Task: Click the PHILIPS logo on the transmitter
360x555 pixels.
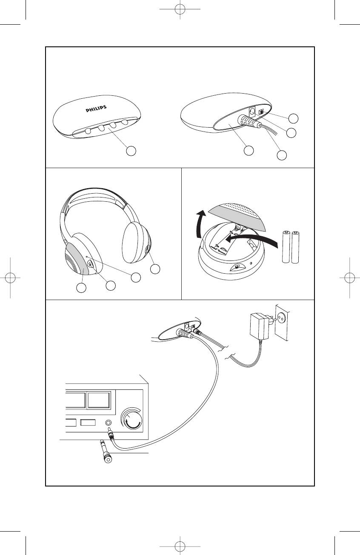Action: pyautogui.click(x=96, y=109)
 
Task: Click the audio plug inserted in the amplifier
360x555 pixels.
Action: pyautogui.click(x=111, y=435)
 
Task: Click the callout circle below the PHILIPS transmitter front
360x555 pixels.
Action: pyautogui.click(x=131, y=151)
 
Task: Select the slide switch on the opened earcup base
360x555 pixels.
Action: pyautogui.click(x=237, y=267)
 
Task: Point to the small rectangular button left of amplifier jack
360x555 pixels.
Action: pyautogui.click(x=88, y=423)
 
